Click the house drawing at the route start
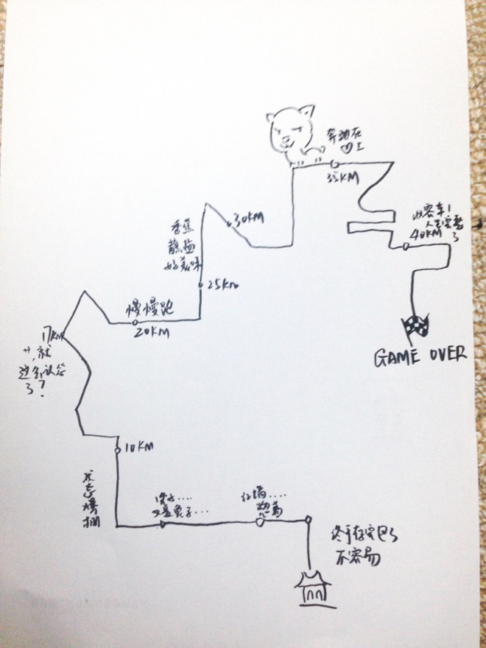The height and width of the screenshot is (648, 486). (316, 589)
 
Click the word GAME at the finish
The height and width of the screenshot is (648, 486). (398, 356)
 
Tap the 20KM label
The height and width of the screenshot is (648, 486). (151, 334)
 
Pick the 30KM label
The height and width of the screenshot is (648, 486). (247, 217)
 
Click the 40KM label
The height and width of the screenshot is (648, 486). (426, 233)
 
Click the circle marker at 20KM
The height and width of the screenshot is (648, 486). (135, 323)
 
